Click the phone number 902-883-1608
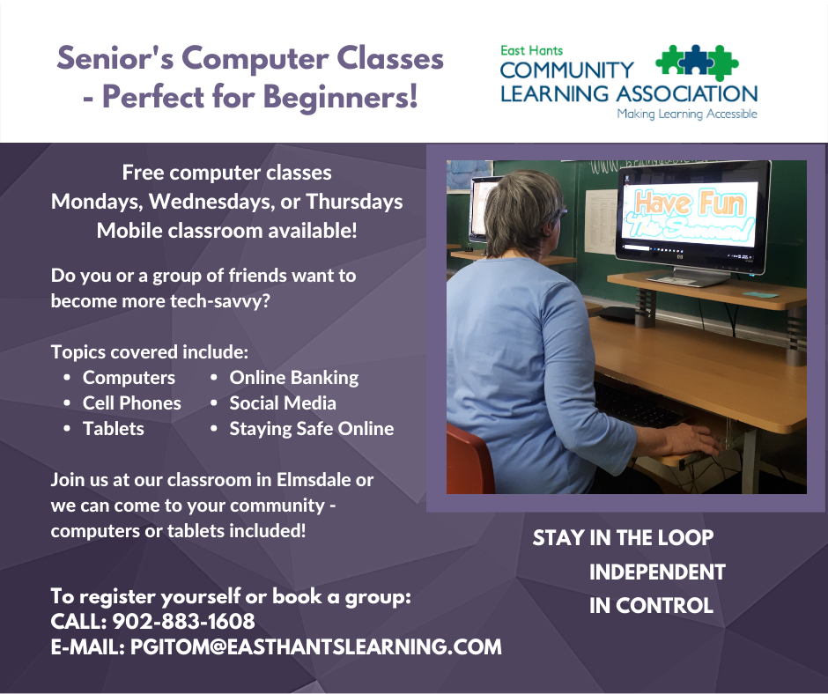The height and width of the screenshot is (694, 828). point(184,621)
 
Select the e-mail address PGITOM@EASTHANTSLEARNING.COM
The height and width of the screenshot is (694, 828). point(315,647)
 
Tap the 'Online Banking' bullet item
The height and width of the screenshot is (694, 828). point(293,378)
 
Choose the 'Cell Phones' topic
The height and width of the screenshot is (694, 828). point(131,403)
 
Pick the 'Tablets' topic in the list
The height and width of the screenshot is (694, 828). point(113,428)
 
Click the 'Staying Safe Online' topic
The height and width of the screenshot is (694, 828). point(312,429)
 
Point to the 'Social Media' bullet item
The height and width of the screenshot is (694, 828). point(283,403)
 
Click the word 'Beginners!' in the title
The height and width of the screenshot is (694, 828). point(341,98)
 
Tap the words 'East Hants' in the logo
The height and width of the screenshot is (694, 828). point(531,51)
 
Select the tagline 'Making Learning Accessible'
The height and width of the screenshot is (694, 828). point(687,114)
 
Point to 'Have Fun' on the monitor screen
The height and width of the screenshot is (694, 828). point(691,203)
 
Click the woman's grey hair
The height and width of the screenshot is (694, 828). point(520,211)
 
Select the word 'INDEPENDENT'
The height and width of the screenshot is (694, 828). point(657,572)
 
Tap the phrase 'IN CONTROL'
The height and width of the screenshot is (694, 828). point(651,606)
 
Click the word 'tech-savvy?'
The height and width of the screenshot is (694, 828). point(219,301)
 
